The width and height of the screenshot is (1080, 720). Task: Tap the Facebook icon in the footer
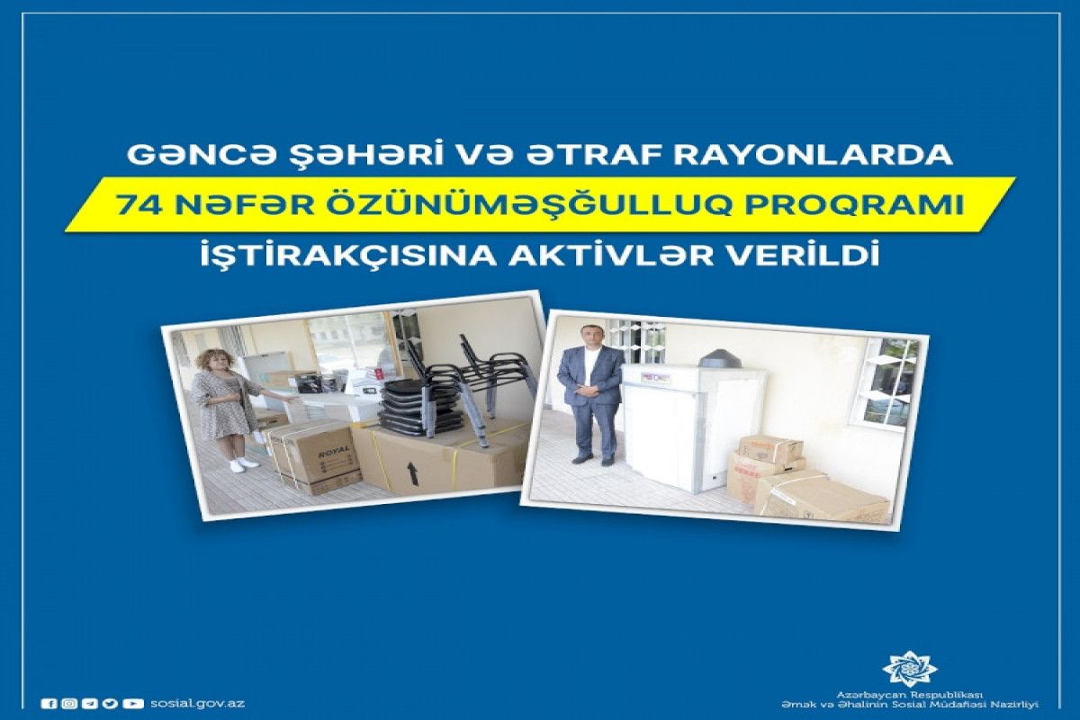[49, 704]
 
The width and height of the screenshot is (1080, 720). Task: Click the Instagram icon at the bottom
[68, 704]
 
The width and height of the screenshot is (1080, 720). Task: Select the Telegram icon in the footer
[90, 704]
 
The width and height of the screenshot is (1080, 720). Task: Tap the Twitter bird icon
[111, 704]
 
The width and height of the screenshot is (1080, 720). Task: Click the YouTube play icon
[133, 704]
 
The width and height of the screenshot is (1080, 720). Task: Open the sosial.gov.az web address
[197, 703]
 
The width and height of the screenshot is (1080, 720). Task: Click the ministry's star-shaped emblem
[910, 669]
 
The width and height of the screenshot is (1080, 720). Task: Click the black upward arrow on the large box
[413, 473]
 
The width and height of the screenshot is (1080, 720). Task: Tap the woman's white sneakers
[244, 464]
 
